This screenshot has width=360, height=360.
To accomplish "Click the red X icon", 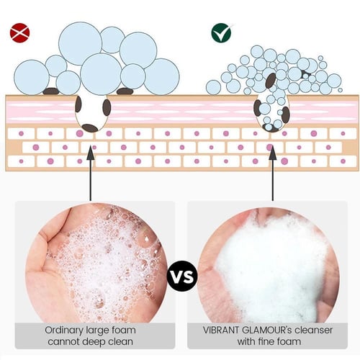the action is (19, 33).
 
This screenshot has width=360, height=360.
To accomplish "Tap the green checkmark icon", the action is (221, 33).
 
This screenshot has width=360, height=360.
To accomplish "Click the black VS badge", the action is (182, 276).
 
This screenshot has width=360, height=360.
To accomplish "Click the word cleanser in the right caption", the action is (313, 330).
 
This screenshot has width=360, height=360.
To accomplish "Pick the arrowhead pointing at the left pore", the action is (90, 152).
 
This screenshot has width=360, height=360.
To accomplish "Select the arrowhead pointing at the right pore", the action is (272, 152).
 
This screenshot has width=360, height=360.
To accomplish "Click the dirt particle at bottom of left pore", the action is (90, 128).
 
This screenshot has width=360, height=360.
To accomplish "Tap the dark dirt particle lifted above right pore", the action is (271, 81).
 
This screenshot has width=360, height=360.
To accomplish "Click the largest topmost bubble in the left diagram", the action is (81, 43).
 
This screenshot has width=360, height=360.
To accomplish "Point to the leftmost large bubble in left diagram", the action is (32, 77).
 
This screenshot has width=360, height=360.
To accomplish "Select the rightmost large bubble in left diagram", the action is (162, 76).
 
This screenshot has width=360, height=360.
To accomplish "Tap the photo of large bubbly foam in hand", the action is (96, 263).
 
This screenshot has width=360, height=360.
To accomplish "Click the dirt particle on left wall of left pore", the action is (78, 104).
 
